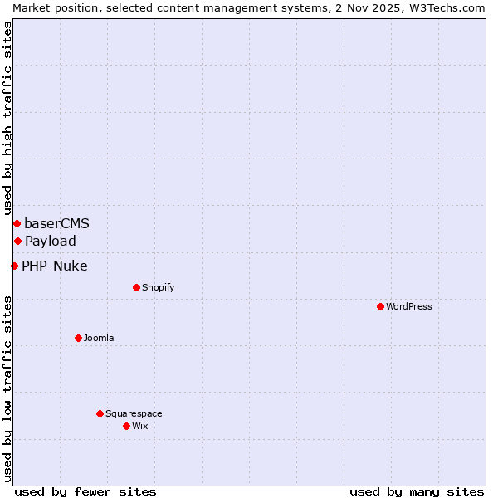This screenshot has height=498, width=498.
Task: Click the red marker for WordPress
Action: pos(380,306)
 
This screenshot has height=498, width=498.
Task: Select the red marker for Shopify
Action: pos(136,287)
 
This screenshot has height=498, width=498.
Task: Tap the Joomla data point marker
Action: pos(78,338)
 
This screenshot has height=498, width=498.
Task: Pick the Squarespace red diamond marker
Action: pos(100,413)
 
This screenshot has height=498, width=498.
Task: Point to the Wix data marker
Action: pos(126,426)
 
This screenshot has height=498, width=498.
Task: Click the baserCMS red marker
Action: pos(17,223)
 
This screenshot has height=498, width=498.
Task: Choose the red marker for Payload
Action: pos(17,241)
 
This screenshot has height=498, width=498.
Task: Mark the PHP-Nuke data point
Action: pos(14,266)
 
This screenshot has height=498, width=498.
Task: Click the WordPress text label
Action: pos(409,306)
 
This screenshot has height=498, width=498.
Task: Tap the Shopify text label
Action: pos(158,287)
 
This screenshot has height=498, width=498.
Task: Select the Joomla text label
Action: pos(99,338)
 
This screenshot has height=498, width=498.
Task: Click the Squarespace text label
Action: pos(134,413)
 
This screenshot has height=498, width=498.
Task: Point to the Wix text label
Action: pos(139,426)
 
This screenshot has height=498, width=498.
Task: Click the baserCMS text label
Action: pos(56,223)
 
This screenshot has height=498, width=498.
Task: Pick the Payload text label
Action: pos(50,241)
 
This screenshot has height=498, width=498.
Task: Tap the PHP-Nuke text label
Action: pos(54,266)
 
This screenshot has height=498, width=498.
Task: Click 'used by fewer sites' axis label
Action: pos(85,491)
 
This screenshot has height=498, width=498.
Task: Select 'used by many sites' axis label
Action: pos(417,491)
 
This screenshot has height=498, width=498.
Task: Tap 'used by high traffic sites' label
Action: pos(7,118)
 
